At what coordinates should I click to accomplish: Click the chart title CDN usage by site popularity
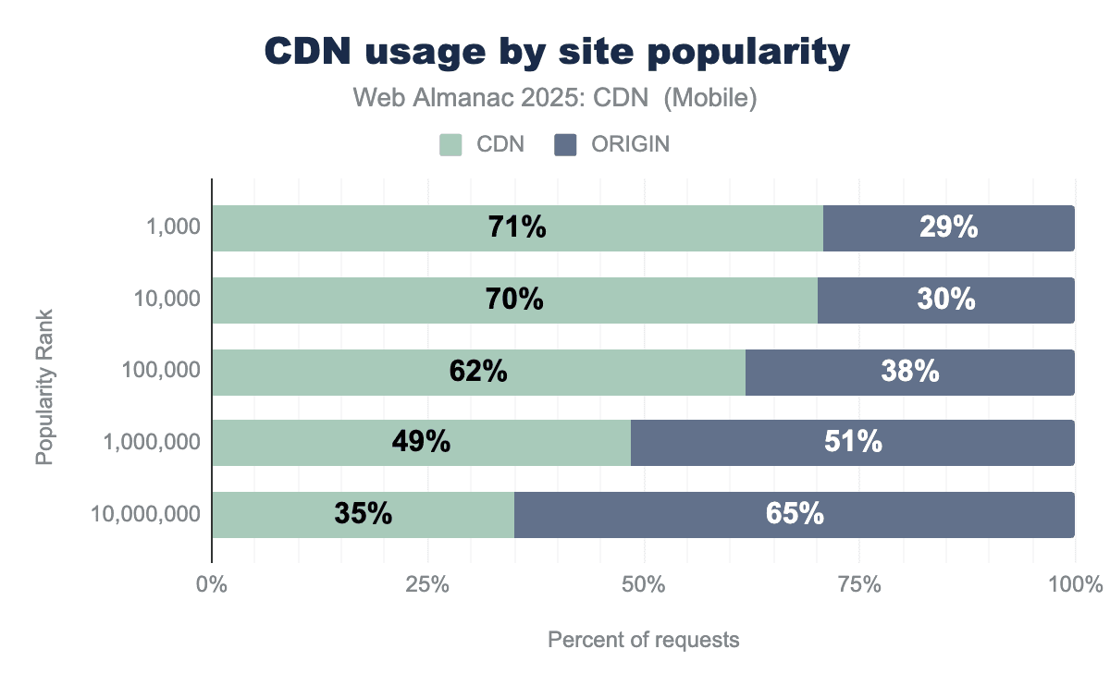point(556,53)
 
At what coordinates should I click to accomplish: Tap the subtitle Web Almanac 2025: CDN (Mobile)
point(556,98)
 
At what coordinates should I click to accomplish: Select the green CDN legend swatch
point(450,144)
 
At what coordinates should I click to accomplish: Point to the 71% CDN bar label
point(517,227)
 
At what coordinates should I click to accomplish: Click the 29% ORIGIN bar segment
point(948,227)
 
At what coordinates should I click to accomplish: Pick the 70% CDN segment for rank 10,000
point(514,300)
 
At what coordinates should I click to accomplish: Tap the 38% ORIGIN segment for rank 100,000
point(910,371)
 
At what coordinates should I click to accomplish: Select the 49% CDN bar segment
point(421,442)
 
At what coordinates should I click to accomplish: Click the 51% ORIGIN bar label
point(853,442)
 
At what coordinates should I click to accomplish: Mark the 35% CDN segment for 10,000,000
point(363,514)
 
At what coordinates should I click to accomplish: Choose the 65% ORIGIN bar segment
point(795,514)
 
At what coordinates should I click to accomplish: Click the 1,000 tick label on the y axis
point(173,228)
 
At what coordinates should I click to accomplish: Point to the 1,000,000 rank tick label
point(152,443)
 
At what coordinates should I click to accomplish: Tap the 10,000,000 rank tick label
point(145,514)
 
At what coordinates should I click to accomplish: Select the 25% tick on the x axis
point(427,585)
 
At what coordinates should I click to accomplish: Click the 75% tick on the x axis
point(859,585)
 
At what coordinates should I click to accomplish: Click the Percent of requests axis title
point(644,640)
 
